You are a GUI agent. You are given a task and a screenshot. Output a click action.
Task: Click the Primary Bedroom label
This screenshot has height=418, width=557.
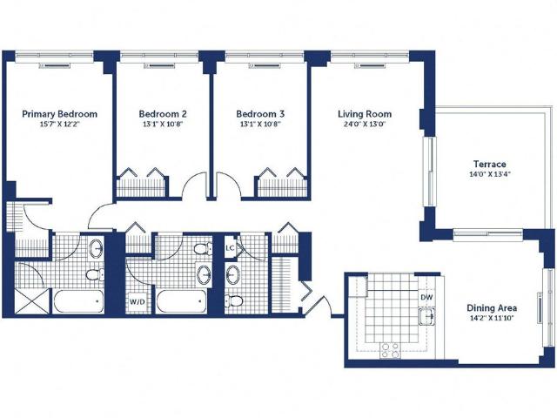click(60, 114)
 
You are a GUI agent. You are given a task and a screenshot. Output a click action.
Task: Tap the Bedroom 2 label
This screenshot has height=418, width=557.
click(163, 114)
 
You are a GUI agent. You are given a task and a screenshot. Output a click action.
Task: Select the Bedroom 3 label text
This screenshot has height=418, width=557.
click(260, 114)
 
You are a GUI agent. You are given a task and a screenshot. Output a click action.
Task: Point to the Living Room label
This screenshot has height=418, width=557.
click(365, 114)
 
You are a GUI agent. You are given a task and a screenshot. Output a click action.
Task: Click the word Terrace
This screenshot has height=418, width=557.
click(489, 165)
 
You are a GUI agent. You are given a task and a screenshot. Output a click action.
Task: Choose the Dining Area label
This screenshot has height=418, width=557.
click(492, 308)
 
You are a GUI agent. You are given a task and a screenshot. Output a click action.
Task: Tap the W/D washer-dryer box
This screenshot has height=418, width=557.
click(138, 302)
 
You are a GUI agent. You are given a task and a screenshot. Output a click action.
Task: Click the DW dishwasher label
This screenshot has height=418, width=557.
click(426, 297)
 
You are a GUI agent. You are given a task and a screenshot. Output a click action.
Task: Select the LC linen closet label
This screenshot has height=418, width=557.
click(230, 247)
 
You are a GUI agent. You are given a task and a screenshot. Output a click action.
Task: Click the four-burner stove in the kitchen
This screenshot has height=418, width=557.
click(390, 350)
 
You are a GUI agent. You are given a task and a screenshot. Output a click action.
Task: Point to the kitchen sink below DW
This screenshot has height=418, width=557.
click(427, 316)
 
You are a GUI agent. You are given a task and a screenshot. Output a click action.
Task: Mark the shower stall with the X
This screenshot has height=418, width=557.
click(32, 301)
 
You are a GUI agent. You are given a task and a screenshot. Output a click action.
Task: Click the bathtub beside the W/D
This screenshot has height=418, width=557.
click(182, 302)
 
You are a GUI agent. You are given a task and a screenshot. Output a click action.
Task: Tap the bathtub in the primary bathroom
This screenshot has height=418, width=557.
click(78, 302)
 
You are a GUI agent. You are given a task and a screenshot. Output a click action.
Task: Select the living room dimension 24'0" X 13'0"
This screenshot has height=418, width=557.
click(365, 125)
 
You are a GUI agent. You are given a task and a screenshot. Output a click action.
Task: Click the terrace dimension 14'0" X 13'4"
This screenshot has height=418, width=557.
click(489, 174)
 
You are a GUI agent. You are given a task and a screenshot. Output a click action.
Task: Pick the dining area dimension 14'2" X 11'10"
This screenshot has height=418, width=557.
click(492, 319)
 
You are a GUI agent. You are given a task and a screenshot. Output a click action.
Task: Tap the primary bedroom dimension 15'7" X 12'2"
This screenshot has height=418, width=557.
click(60, 125)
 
